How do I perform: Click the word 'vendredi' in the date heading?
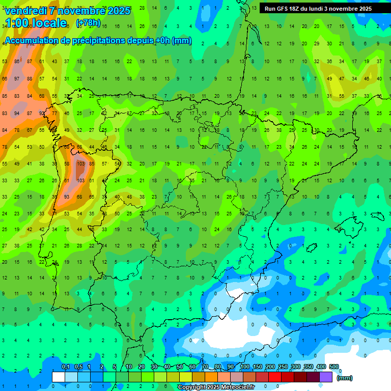[25, 11]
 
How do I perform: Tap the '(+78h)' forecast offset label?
[88, 23]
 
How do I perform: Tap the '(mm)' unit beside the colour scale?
[345, 378]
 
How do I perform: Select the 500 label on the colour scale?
[334, 367]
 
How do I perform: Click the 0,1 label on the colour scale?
[66, 367]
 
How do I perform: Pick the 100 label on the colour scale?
[244, 367]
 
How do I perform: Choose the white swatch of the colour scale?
[59, 377]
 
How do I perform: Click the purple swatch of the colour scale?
[326, 377]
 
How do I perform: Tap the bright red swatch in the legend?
[275, 377]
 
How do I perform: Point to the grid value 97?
[17, 78]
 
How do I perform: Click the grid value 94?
[17, 113]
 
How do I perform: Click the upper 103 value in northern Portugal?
[80, 163]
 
